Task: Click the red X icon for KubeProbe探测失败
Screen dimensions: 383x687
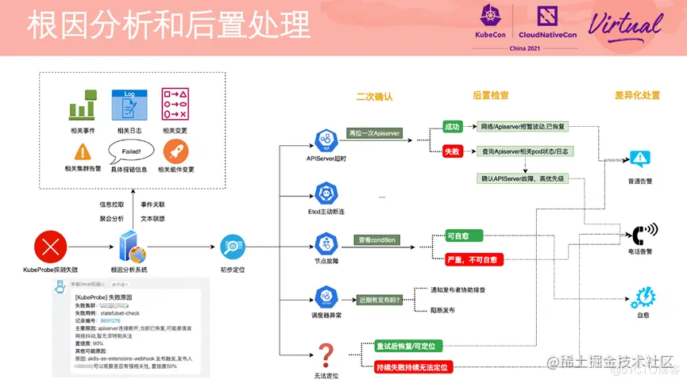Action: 50,247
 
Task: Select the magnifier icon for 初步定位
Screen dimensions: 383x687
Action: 232,247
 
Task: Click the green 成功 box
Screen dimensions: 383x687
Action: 451,126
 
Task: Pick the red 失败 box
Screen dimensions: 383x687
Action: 451,151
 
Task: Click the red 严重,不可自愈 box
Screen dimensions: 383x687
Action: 471,259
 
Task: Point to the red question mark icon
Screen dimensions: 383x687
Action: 325,353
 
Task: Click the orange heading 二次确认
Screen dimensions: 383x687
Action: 375,96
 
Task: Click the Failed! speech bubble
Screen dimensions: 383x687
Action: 131,151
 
